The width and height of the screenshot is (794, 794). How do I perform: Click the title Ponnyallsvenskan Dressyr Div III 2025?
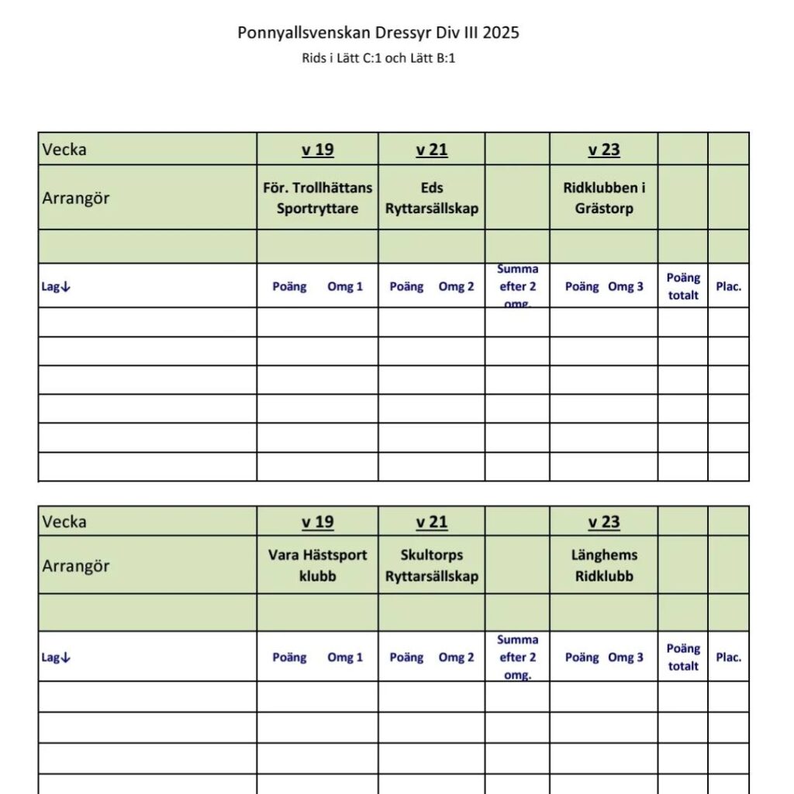coord(378,33)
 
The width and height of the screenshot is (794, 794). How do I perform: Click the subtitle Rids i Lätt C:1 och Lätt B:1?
coord(378,58)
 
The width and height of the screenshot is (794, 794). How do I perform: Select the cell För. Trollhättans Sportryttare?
coord(317,198)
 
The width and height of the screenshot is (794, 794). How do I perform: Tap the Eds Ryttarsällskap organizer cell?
coord(432,198)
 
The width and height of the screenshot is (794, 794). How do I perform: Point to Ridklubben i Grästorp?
coord(604,198)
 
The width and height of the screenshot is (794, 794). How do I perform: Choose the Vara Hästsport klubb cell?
coord(317,565)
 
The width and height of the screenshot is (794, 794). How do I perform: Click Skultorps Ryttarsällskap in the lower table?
coord(432,565)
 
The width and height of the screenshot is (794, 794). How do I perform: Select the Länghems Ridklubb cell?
coord(604,565)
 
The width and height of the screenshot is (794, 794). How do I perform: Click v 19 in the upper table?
coord(317,150)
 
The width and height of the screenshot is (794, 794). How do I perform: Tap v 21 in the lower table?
coord(432,522)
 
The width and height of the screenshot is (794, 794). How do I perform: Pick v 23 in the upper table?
coord(604,150)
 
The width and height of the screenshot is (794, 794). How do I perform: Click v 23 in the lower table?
coord(604,522)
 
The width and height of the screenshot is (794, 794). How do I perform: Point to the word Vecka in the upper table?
coord(64,150)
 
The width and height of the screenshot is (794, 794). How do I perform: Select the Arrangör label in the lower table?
coord(76,566)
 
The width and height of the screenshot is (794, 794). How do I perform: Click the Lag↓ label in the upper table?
coord(56,287)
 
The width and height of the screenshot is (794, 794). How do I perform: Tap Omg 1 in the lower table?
coord(345,658)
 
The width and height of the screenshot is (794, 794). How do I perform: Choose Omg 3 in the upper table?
coord(626,287)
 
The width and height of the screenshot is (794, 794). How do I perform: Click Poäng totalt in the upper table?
coord(683,286)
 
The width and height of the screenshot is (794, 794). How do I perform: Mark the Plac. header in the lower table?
coord(729,658)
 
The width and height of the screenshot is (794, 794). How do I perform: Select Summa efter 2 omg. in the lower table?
coord(517,657)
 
